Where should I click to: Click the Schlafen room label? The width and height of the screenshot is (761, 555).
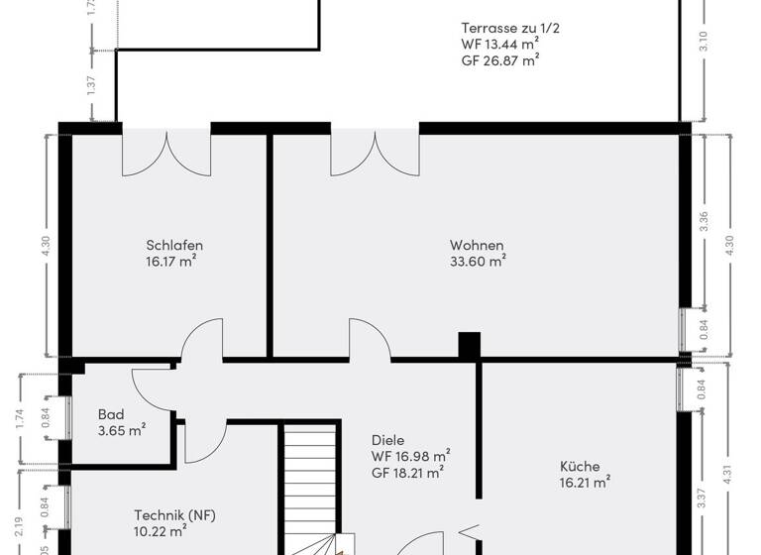click(x=174, y=246)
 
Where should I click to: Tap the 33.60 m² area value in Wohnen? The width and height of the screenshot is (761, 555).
click(x=478, y=262)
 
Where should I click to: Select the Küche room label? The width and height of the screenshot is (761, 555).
click(x=579, y=467)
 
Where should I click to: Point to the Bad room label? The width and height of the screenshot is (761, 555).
click(x=110, y=414)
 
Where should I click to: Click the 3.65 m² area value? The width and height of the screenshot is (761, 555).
click(x=121, y=430)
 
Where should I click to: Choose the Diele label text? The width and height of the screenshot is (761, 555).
click(x=388, y=440)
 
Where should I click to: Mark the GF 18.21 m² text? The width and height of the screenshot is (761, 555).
click(x=406, y=472)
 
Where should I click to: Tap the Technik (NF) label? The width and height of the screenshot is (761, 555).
click(x=174, y=515)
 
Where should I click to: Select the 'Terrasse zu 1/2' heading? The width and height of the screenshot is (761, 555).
click(x=510, y=28)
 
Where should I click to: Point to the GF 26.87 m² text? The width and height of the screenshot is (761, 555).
click(x=499, y=59)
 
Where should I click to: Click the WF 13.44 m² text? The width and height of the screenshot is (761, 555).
click(x=499, y=44)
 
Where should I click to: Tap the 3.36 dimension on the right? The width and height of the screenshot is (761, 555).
click(x=704, y=221)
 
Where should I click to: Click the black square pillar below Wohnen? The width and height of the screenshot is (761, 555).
click(x=469, y=344)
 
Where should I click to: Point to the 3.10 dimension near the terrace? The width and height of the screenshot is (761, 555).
click(x=704, y=42)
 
